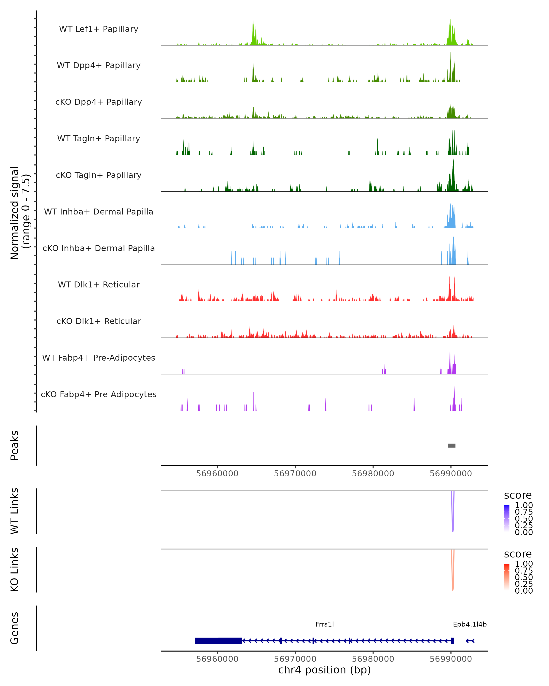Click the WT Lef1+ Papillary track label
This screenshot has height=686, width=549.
click(99, 29)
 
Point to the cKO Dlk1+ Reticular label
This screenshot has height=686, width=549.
click(99, 321)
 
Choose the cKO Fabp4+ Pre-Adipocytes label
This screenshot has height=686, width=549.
click(99, 394)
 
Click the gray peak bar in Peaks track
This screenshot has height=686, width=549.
click(451, 445)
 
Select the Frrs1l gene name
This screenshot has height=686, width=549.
click(325, 624)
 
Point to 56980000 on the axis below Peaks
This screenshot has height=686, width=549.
click(373, 474)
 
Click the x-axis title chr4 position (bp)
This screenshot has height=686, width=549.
click(324, 670)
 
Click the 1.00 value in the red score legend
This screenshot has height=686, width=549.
click(524, 564)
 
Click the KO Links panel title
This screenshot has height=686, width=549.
click(15, 570)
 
